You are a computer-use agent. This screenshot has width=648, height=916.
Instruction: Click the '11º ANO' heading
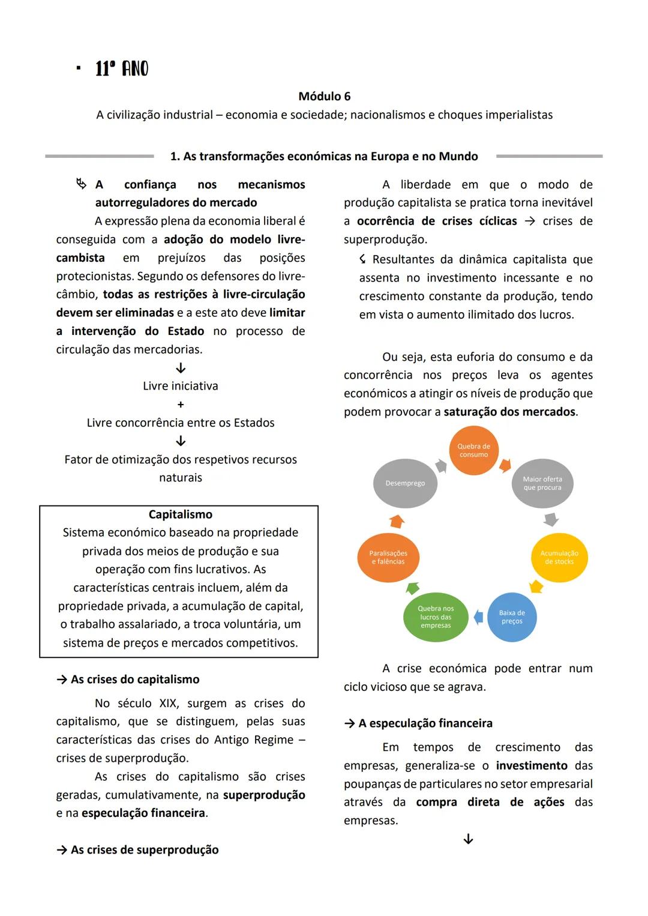click(x=122, y=69)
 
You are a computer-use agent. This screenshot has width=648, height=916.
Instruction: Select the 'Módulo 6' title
click(x=324, y=96)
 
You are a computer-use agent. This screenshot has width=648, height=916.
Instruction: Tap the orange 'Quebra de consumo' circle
click(x=473, y=451)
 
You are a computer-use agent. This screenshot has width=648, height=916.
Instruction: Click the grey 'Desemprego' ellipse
click(x=405, y=483)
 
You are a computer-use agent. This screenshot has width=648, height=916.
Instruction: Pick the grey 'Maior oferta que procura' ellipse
click(x=542, y=483)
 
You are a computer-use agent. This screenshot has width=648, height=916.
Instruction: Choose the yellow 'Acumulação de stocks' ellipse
click(x=559, y=558)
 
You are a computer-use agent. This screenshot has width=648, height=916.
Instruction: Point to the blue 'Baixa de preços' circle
click(x=512, y=617)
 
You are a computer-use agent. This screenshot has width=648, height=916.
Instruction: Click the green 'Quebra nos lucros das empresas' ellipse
click(x=436, y=617)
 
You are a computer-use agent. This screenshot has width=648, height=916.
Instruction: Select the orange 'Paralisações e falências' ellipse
click(x=388, y=558)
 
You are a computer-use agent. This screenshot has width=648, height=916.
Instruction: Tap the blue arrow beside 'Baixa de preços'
click(x=478, y=616)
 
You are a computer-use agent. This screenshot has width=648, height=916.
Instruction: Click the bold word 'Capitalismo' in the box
click(x=180, y=514)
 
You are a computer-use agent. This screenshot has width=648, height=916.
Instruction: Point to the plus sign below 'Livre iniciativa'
click(x=181, y=405)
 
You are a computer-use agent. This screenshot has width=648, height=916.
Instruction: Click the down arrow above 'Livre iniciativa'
click(x=181, y=368)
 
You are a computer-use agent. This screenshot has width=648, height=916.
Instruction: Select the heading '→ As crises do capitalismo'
click(x=128, y=679)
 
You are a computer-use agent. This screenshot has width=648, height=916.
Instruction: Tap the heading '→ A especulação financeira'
click(x=418, y=723)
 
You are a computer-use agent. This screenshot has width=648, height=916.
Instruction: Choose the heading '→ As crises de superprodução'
click(x=137, y=850)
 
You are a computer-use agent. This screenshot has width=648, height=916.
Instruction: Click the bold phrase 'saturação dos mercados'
click(x=509, y=412)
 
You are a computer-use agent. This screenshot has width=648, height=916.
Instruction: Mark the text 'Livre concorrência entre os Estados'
click(x=181, y=423)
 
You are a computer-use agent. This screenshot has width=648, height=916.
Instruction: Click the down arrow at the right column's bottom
click(x=469, y=839)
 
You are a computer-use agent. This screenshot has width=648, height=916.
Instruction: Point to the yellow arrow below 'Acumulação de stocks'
click(x=536, y=586)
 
